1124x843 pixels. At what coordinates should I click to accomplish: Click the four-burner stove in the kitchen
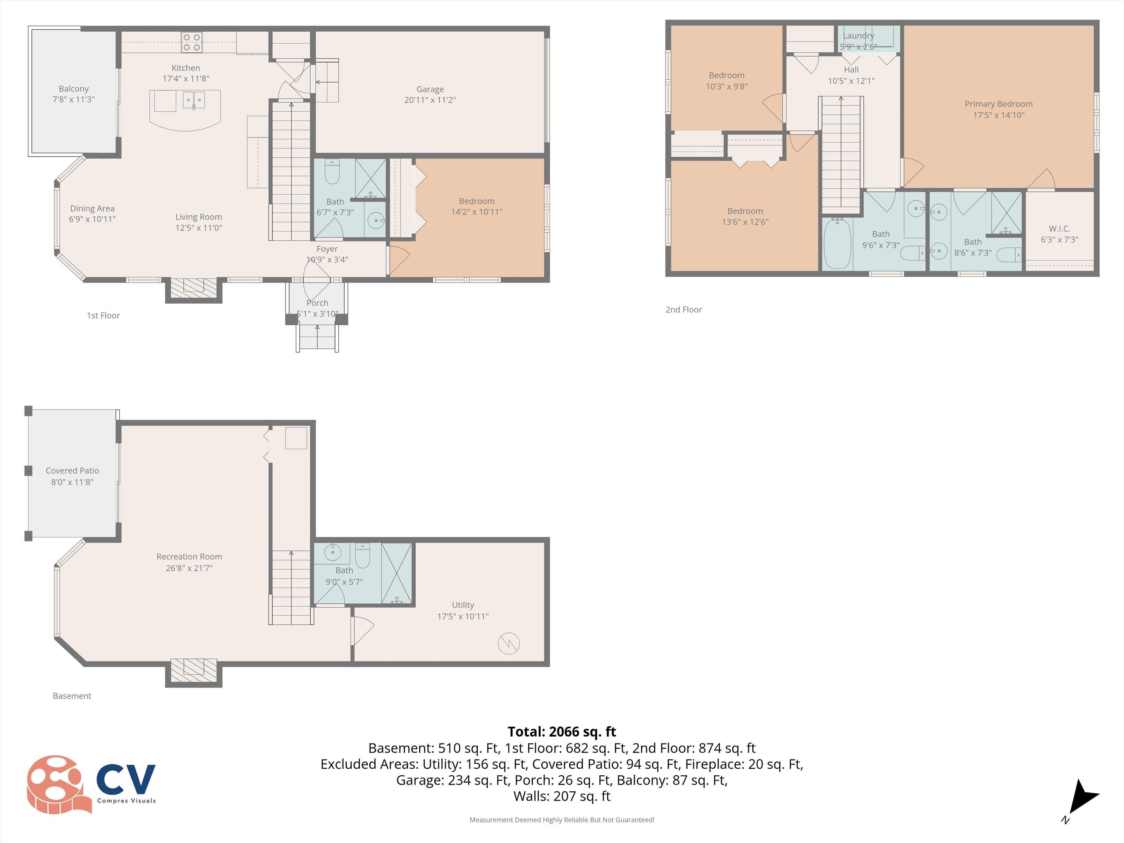[x=192, y=42]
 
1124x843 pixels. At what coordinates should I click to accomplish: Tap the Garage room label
[x=430, y=89]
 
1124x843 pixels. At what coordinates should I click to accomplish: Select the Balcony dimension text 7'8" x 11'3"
[x=74, y=100]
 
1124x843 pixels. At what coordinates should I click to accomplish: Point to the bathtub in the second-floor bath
[x=837, y=244]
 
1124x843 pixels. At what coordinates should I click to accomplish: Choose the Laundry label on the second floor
[x=858, y=35]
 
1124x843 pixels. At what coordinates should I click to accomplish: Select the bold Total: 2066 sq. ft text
[x=562, y=732]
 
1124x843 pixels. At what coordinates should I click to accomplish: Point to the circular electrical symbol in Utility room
[x=509, y=643]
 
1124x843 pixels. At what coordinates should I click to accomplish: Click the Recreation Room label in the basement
[x=189, y=557]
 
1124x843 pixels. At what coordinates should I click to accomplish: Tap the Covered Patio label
[x=72, y=471]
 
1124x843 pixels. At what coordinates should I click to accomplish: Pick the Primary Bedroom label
[x=998, y=104]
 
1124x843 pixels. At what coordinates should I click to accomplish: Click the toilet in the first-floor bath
[x=332, y=171]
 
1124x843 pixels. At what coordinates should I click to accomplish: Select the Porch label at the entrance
[x=317, y=303]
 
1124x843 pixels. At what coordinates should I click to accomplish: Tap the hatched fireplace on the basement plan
[x=194, y=670]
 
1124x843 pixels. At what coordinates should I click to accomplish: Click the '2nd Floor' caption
[x=683, y=310]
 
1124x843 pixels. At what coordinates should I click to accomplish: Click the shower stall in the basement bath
[x=396, y=573]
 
